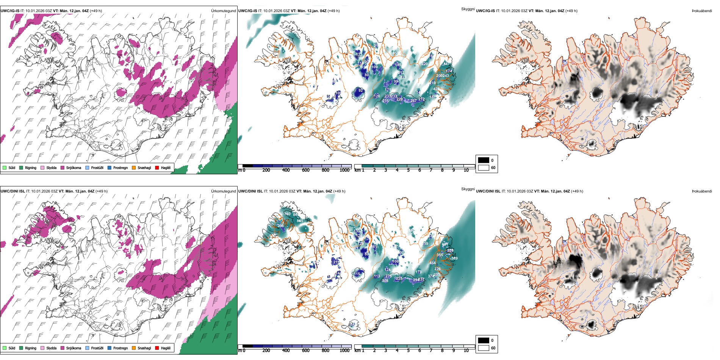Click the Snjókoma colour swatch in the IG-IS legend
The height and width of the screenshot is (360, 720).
[x=63, y=167]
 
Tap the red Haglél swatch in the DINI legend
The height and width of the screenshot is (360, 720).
[x=157, y=348]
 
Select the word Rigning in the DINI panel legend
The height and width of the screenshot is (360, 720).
[x=31, y=348]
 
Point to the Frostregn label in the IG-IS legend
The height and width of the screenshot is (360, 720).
[x=120, y=167]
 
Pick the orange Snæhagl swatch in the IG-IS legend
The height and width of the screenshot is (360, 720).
[x=134, y=167]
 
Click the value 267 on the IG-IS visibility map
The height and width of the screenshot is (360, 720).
[x=413, y=101]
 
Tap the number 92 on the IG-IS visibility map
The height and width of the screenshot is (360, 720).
[x=361, y=91]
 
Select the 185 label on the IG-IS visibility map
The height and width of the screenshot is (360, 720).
[x=398, y=65]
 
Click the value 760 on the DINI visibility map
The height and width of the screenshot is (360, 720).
[x=288, y=214]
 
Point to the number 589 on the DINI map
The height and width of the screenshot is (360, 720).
[x=454, y=258]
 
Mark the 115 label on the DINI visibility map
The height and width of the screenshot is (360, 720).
[x=357, y=274]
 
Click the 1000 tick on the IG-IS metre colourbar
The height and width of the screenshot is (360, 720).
[x=344, y=170]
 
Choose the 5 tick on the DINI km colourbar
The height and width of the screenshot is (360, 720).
[x=409, y=351]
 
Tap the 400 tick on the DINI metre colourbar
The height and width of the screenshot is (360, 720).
[x=286, y=351]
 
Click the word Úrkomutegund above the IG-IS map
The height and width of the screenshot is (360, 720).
[x=223, y=11]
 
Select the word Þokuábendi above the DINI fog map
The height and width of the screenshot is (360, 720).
[x=702, y=191]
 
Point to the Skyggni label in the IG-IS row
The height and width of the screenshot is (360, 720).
[x=468, y=9]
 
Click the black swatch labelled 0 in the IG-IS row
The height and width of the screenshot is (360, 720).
[x=484, y=160]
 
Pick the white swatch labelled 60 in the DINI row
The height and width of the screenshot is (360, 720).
[x=484, y=348]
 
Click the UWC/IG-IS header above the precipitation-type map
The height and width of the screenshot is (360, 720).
[x=10, y=11]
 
